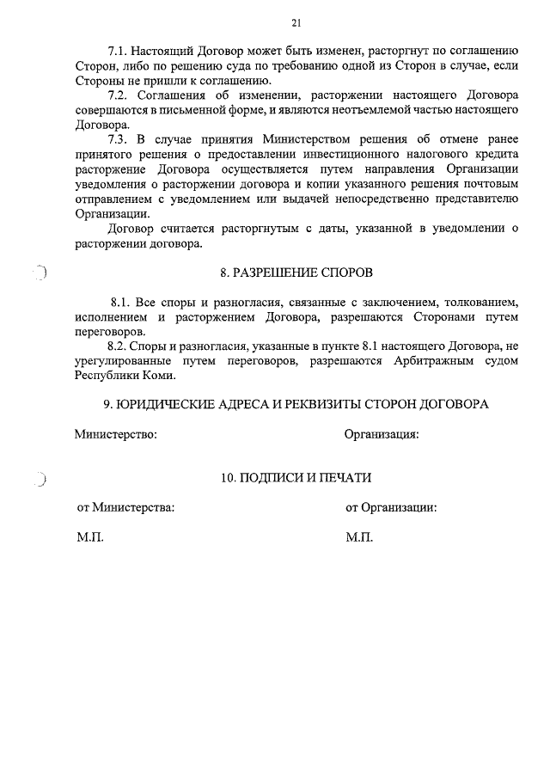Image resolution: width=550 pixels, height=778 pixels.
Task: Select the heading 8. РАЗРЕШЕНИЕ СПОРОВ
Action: [296, 273]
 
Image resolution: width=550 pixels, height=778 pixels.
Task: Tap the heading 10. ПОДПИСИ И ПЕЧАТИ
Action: [296, 477]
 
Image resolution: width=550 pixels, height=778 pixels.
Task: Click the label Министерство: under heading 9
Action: [115, 434]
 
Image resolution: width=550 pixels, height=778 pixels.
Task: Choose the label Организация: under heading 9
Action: [382, 434]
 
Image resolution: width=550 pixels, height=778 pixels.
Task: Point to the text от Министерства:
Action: [126, 507]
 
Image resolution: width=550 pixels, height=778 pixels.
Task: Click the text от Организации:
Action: [391, 507]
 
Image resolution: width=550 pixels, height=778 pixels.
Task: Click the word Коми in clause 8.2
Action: [162, 376]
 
